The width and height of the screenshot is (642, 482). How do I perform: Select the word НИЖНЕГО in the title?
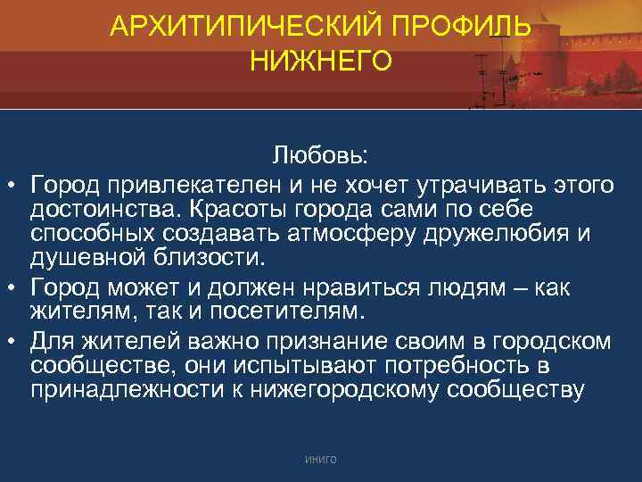(x=321, y=62)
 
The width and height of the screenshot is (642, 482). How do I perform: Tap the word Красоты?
(x=229, y=209)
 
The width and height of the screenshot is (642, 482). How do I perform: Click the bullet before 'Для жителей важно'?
(x=13, y=342)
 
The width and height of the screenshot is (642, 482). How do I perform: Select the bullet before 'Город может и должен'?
(x=13, y=289)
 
